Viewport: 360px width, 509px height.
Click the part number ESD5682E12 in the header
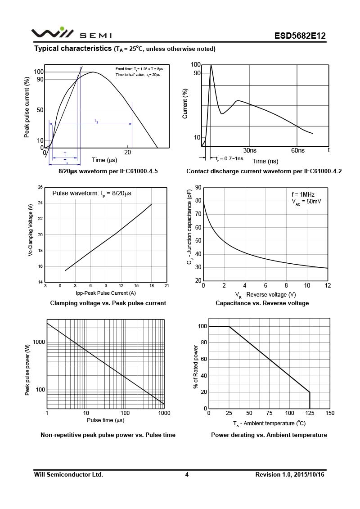coord(300,36)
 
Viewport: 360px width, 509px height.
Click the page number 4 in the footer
coord(187,474)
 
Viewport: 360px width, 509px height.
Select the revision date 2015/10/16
coord(309,474)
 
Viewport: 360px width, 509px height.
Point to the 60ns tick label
coord(298,150)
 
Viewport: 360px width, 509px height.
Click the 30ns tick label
coord(250,150)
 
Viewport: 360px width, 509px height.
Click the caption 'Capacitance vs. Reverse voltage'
coord(262,303)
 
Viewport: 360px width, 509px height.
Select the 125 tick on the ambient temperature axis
coord(310,413)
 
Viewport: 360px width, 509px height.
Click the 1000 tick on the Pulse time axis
coord(164,413)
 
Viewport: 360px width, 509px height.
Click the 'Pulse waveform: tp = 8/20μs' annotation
coord(92,194)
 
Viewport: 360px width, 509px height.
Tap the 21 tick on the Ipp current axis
coord(166,286)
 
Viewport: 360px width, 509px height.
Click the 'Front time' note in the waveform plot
coord(139,68)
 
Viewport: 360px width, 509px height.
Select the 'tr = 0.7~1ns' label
coord(229,158)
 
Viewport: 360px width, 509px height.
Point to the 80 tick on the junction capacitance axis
coord(198,202)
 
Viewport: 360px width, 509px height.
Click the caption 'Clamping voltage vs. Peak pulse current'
coord(108,303)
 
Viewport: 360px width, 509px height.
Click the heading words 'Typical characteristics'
coord(73,48)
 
